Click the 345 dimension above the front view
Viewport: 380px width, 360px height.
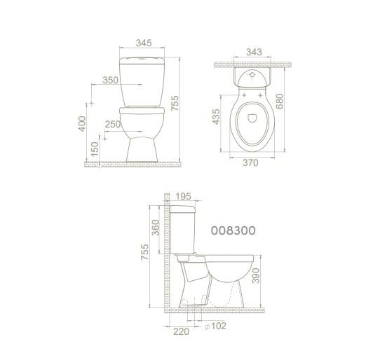(144, 43)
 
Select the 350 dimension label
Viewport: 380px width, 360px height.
(110, 80)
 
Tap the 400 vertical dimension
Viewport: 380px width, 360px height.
(82, 124)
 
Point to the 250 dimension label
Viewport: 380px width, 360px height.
(113, 124)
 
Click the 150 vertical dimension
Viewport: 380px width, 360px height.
(95, 149)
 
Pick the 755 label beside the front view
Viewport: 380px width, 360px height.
(175, 104)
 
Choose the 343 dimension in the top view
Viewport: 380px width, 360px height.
(255, 52)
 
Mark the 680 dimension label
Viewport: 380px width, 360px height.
(280, 101)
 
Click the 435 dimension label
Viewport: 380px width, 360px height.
(216, 117)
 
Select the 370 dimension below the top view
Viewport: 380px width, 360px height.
(250, 162)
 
